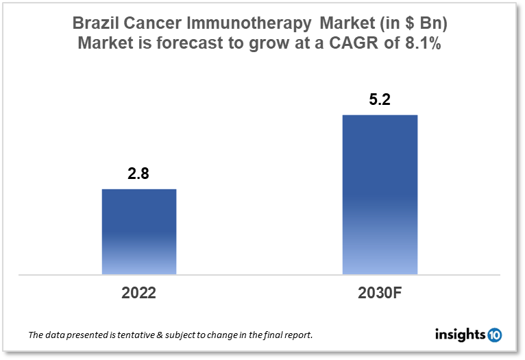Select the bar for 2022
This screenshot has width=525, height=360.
pyautogui.click(x=139, y=231)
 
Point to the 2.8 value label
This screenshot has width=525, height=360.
pyautogui.click(x=138, y=174)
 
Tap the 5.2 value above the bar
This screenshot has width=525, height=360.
pyautogui.click(x=379, y=100)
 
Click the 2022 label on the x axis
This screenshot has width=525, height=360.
pyautogui.click(x=139, y=293)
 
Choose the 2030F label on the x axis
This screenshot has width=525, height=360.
pyautogui.click(x=380, y=293)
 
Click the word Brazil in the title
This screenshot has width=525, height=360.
pyautogui.click(x=95, y=23)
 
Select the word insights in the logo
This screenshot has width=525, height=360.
pyautogui.click(x=461, y=335)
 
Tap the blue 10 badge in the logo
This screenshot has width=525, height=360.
pyautogui.click(x=495, y=335)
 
